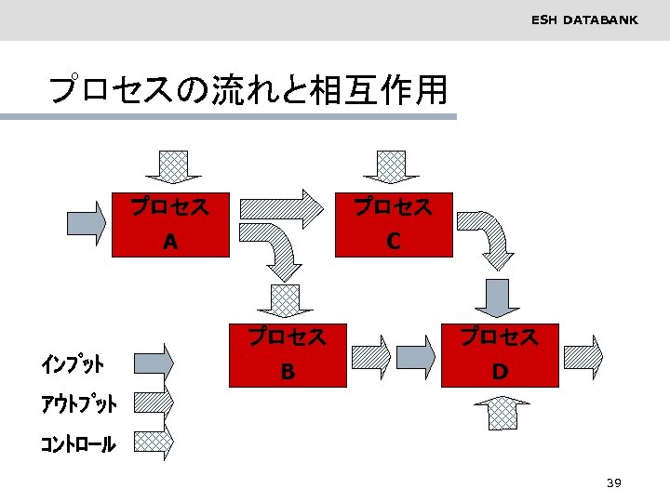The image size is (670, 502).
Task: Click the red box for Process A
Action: pos(169,224)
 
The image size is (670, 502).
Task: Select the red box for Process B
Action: pos(288,354)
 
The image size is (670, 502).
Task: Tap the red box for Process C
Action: pos(394,224)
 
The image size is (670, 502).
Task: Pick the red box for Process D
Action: pos(500,354)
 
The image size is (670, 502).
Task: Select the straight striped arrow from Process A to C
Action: pos(280,205)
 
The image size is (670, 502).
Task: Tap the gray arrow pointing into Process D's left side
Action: pos(417,356)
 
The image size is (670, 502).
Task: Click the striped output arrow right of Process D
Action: pos(583,356)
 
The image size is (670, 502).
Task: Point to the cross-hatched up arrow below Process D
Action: pos(502,411)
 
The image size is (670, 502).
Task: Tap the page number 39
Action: pos(613,482)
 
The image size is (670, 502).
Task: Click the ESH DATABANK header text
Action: pos(584,20)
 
